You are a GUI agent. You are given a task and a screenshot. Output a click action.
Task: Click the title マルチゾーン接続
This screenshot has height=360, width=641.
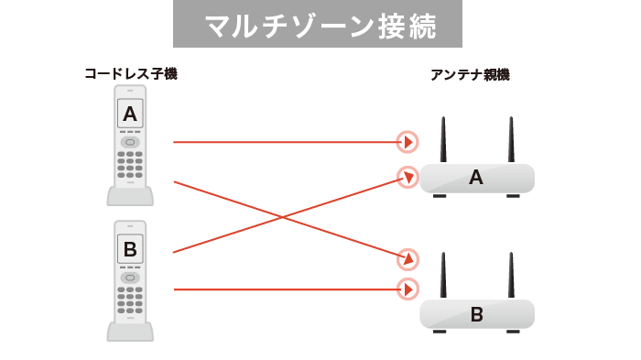point(318,26)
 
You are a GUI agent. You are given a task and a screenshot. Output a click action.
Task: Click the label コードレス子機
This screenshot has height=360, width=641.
point(130,74)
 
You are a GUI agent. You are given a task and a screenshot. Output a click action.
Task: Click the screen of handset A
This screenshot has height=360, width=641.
point(130,115)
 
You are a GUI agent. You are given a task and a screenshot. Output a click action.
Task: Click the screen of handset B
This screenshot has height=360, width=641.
point(130,248)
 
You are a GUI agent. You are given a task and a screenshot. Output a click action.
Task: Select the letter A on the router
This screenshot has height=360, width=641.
point(475,178)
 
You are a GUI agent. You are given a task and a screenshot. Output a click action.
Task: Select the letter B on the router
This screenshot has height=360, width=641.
point(476,315)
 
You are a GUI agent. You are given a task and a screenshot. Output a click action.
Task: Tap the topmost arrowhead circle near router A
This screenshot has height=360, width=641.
point(407,142)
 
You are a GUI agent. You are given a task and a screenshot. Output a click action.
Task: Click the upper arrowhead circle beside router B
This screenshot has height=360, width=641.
point(407,258)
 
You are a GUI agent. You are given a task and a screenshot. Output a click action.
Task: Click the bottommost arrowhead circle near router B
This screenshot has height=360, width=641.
point(407,289)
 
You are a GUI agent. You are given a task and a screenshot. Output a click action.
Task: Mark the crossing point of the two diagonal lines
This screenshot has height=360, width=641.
point(287,217)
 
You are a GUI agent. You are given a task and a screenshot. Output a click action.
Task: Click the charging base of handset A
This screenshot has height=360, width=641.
point(130,195)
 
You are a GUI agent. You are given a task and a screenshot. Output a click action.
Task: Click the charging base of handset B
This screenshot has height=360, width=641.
point(130,330)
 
